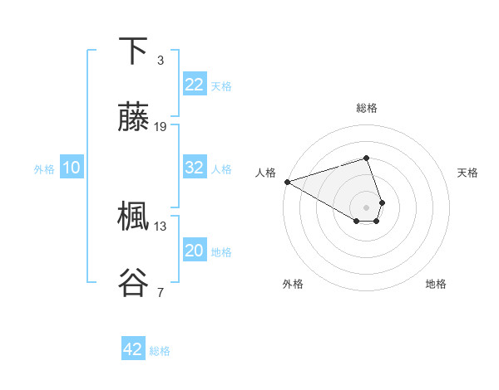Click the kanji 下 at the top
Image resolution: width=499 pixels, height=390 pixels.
coord(133,51)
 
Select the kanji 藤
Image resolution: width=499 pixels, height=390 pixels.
coord(133,118)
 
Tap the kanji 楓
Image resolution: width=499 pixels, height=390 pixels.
coord(133,217)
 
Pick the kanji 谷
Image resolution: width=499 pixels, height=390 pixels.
coord(133,283)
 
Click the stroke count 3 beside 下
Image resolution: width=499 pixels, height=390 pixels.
coord(160,61)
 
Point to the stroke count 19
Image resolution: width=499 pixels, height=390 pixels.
coord(161,127)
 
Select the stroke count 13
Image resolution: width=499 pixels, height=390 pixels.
coord(161,226)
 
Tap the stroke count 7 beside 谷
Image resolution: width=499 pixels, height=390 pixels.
coord(160,292)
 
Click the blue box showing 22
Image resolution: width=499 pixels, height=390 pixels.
coord(195,84)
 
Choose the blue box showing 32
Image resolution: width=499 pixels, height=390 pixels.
coord(195,168)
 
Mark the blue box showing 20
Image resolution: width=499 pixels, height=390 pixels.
coord(195,251)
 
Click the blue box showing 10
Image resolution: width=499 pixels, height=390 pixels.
coord(72,168)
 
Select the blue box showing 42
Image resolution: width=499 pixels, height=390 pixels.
coord(133,349)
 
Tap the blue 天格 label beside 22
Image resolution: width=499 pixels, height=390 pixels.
coord(221,85)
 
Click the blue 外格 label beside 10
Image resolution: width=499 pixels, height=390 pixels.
coord(44,169)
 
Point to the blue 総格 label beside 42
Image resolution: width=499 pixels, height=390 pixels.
coord(160,351)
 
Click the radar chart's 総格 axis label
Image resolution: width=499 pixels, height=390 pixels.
coord(367,108)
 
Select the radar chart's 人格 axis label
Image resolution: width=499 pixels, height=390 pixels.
coord(265,173)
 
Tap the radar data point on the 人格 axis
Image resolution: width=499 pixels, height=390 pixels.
coord(287,182)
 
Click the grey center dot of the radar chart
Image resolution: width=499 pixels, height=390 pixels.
coord(366,207)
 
